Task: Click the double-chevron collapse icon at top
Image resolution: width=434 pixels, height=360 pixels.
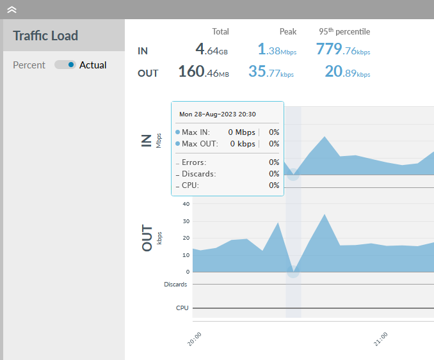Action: click(12, 10)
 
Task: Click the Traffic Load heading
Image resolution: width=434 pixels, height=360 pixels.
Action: click(45, 36)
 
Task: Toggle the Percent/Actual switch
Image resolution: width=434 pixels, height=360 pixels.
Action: click(65, 65)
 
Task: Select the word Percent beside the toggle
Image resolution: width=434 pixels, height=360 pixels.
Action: click(29, 65)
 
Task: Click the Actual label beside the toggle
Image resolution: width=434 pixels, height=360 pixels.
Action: click(93, 65)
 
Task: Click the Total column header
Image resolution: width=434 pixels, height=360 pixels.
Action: click(220, 31)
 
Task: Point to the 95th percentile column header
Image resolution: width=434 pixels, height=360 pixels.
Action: click(344, 31)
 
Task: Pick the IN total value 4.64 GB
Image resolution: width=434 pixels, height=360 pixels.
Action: click(212, 49)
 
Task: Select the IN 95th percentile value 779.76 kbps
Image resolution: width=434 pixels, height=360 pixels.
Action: click(343, 49)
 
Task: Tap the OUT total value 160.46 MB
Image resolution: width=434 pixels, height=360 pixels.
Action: click(204, 72)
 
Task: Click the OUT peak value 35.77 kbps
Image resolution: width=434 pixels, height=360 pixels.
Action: click(271, 72)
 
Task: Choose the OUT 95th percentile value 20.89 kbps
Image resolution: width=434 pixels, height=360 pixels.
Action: click(347, 72)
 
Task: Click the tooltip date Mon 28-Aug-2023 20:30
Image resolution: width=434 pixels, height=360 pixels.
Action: click(218, 114)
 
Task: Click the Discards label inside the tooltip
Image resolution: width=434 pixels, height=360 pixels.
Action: click(198, 174)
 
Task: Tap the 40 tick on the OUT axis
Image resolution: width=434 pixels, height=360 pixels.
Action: click(186, 204)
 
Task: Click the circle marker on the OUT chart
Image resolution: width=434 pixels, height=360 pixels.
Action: click(293, 272)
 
